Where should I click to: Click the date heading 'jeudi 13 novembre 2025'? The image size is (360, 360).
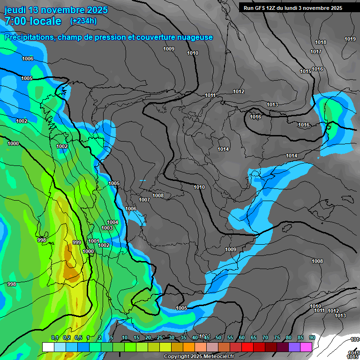(x=56, y=10)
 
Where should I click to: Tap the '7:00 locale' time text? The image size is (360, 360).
(x=33, y=21)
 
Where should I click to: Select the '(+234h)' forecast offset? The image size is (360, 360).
(x=83, y=21)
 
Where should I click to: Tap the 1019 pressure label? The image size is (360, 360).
(x=350, y=39)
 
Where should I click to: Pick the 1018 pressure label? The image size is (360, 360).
(x=321, y=43)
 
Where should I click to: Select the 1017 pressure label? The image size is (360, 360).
(x=316, y=52)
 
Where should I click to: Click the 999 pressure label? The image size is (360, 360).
(x=77, y=242)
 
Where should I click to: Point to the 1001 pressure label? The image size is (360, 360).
(x=94, y=241)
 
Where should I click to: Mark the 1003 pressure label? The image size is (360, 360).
(x=107, y=228)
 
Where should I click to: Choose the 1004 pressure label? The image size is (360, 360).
(x=112, y=222)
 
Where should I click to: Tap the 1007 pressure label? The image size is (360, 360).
(x=144, y=200)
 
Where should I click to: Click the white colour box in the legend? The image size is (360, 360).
(x=48, y=347)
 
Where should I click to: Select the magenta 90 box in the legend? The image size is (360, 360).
(x=306, y=347)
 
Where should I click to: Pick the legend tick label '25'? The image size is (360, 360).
(x=160, y=338)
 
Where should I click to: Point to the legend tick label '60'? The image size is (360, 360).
(x=242, y=338)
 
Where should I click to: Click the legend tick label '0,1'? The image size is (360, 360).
(x=55, y=338)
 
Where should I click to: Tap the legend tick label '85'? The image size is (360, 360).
(x=300, y=338)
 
